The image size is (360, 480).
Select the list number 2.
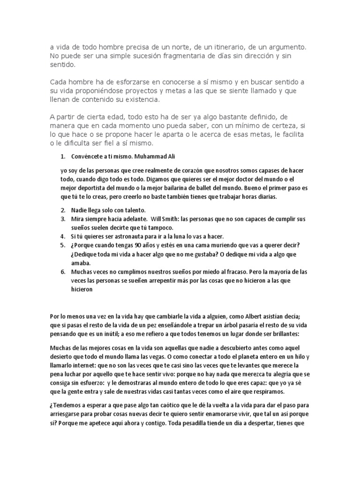point(63,210)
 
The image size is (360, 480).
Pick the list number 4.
point(63,236)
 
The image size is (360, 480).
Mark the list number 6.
point(63,271)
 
